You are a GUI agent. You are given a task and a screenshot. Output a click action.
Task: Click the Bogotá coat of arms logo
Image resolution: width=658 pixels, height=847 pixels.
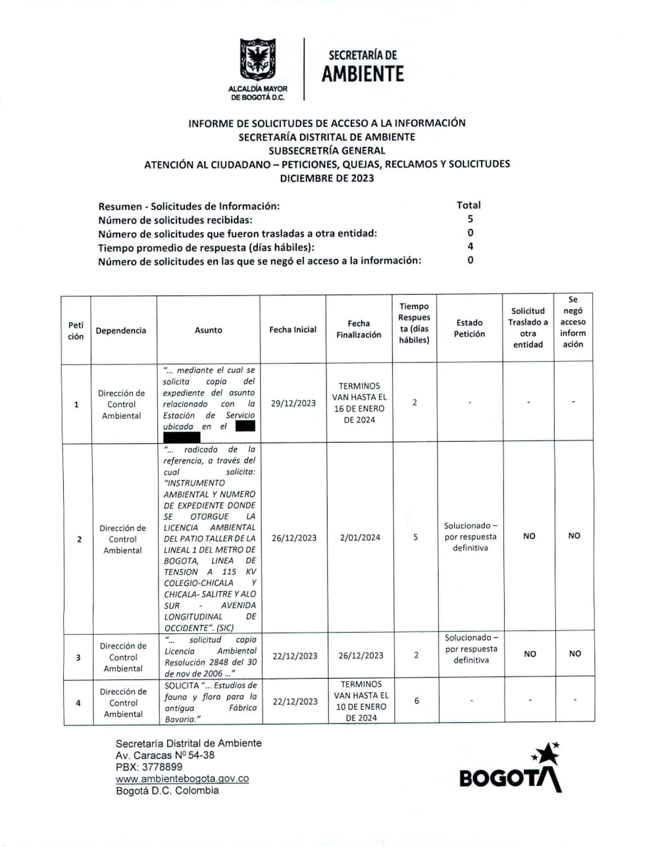click(x=257, y=60)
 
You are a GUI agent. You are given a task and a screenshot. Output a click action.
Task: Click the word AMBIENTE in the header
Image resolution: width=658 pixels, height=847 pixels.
click(x=362, y=74)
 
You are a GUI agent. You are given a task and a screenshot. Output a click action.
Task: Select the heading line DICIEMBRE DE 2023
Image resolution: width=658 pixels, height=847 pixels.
click(x=326, y=178)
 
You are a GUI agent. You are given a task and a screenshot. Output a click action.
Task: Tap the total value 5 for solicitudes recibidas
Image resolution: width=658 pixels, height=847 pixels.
click(x=470, y=219)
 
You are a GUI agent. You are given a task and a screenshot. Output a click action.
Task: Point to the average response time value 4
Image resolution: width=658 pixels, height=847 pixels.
click(x=470, y=247)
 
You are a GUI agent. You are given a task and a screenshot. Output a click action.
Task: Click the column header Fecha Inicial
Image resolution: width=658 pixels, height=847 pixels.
click(x=293, y=329)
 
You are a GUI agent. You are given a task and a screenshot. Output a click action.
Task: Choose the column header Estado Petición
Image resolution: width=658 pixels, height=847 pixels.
click(x=469, y=328)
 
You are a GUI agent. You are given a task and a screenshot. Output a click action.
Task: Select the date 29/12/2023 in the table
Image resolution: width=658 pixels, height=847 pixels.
click(x=293, y=403)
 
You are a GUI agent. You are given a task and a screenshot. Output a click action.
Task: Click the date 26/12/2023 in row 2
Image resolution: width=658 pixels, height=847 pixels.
click(x=293, y=538)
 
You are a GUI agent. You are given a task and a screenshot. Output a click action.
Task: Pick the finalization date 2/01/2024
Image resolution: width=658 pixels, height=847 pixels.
click(x=360, y=537)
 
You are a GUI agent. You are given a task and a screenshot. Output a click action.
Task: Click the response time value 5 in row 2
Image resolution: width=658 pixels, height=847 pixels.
click(x=415, y=537)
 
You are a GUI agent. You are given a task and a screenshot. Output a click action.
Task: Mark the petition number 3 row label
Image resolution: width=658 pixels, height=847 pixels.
click(x=78, y=656)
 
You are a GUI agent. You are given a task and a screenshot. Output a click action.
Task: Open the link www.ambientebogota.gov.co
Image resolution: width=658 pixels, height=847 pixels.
click(x=182, y=779)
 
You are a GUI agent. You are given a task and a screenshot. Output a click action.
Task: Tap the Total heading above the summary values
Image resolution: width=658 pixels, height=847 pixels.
click(x=468, y=205)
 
